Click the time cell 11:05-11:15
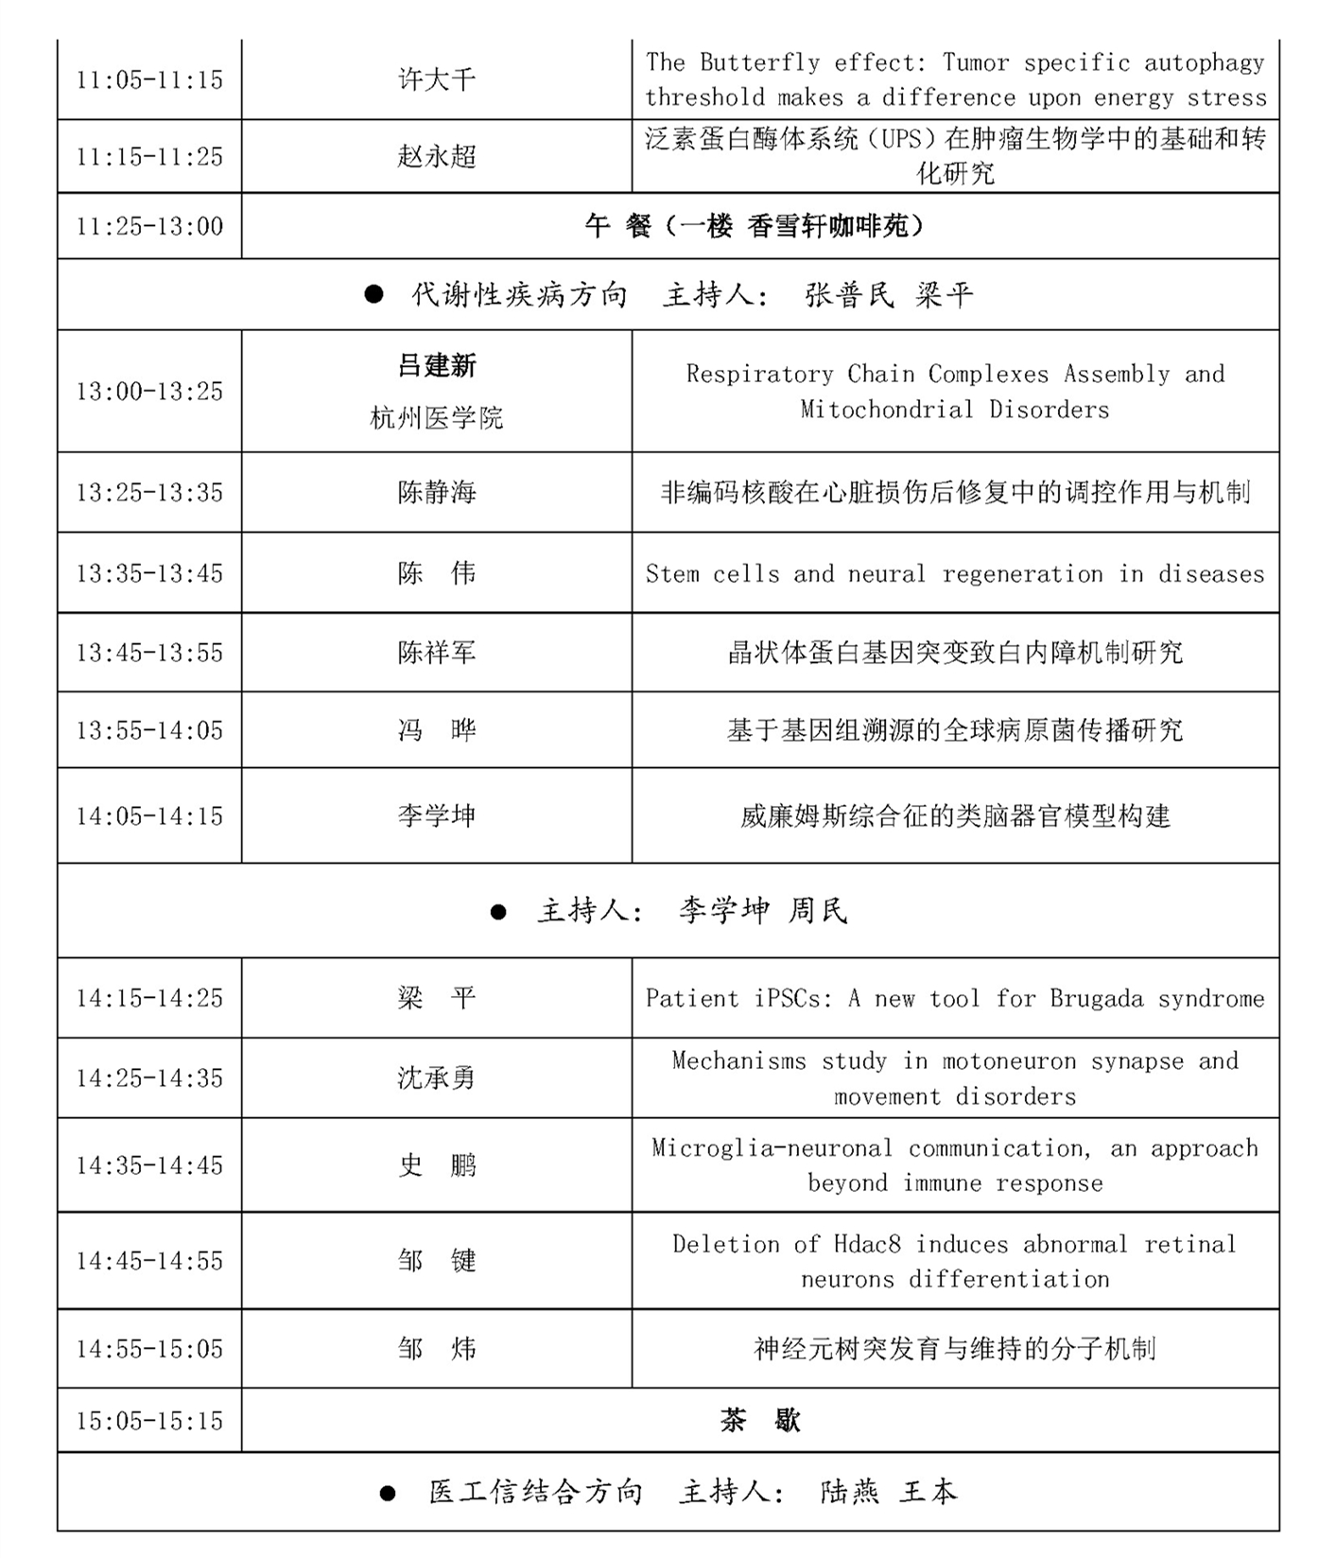[x=149, y=79]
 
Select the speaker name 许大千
[x=436, y=79]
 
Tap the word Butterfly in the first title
[x=760, y=62]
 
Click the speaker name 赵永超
[x=436, y=156]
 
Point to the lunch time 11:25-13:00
[x=149, y=226]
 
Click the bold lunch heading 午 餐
[x=618, y=226]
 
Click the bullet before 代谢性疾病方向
[x=374, y=295]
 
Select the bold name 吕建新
[x=436, y=365]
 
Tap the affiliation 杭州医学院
[x=436, y=417]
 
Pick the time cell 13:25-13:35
[x=149, y=492]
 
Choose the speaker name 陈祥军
[x=436, y=653]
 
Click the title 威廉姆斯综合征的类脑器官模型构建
[x=955, y=815]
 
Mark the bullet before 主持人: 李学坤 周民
[x=498, y=912]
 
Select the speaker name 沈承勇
[x=436, y=1078]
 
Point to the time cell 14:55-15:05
[x=149, y=1349]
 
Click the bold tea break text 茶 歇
[x=760, y=1421]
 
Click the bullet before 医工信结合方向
[x=388, y=1494]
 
